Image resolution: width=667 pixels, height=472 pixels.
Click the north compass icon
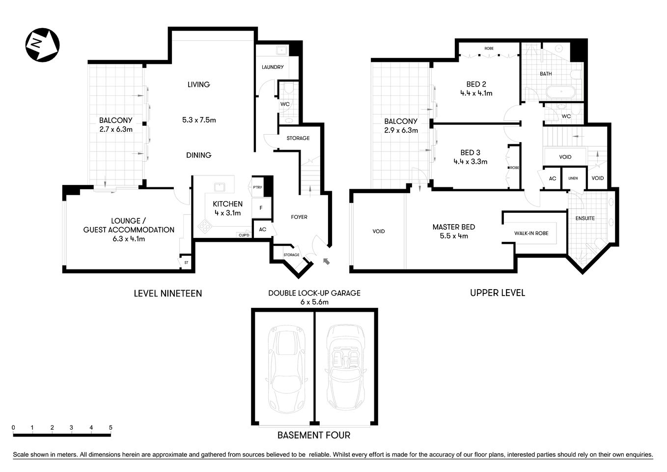pos(42,45)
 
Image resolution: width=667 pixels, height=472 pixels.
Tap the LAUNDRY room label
pos(272,67)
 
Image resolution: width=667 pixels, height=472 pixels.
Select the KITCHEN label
pos(227,204)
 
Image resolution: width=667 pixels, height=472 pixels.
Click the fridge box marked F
pos(261,208)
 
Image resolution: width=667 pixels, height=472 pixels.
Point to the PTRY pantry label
pos(257,187)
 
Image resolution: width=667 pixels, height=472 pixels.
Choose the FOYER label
pos(299,217)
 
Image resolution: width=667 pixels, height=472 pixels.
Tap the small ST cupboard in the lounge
pos(186,263)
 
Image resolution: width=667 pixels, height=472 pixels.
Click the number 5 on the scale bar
pos(111,428)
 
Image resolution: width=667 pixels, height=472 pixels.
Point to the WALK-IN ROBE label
pos(531,233)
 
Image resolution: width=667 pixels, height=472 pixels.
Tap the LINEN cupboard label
pos(573,178)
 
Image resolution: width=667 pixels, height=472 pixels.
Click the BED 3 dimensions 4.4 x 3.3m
pos(470,161)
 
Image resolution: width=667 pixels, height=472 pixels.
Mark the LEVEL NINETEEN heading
pos(167,294)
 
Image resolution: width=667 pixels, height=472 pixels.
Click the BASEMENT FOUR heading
pos(314,435)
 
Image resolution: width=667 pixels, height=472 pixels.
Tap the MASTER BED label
pos(453,227)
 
